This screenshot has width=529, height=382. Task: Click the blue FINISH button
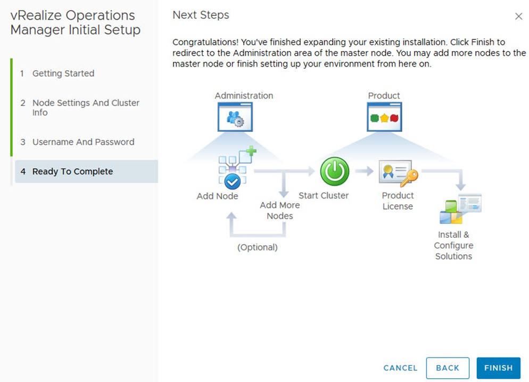pos(498,368)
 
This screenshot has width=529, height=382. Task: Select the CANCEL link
pos(400,368)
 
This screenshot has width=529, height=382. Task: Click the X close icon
pos(518,16)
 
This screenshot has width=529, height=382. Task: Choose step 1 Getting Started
pos(57,73)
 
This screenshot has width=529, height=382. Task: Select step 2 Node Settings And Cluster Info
pos(80,107)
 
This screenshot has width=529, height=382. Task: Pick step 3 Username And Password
pos(77,142)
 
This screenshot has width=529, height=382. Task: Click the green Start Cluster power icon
pos(334,171)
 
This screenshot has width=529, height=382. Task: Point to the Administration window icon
pos(235,117)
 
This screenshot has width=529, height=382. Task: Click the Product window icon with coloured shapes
pos(384,117)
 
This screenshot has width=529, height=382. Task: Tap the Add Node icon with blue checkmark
pos(237,168)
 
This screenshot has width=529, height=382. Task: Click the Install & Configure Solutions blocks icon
pos(460,209)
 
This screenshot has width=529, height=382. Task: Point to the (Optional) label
pos(258,247)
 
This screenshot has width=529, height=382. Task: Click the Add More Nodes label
pos(280,210)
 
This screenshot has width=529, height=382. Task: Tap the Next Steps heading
pos(201,15)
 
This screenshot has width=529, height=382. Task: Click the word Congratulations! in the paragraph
pos(205,42)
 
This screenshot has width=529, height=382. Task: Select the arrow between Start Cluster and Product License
pos(365,171)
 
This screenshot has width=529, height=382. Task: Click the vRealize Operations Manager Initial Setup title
pos(76,22)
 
